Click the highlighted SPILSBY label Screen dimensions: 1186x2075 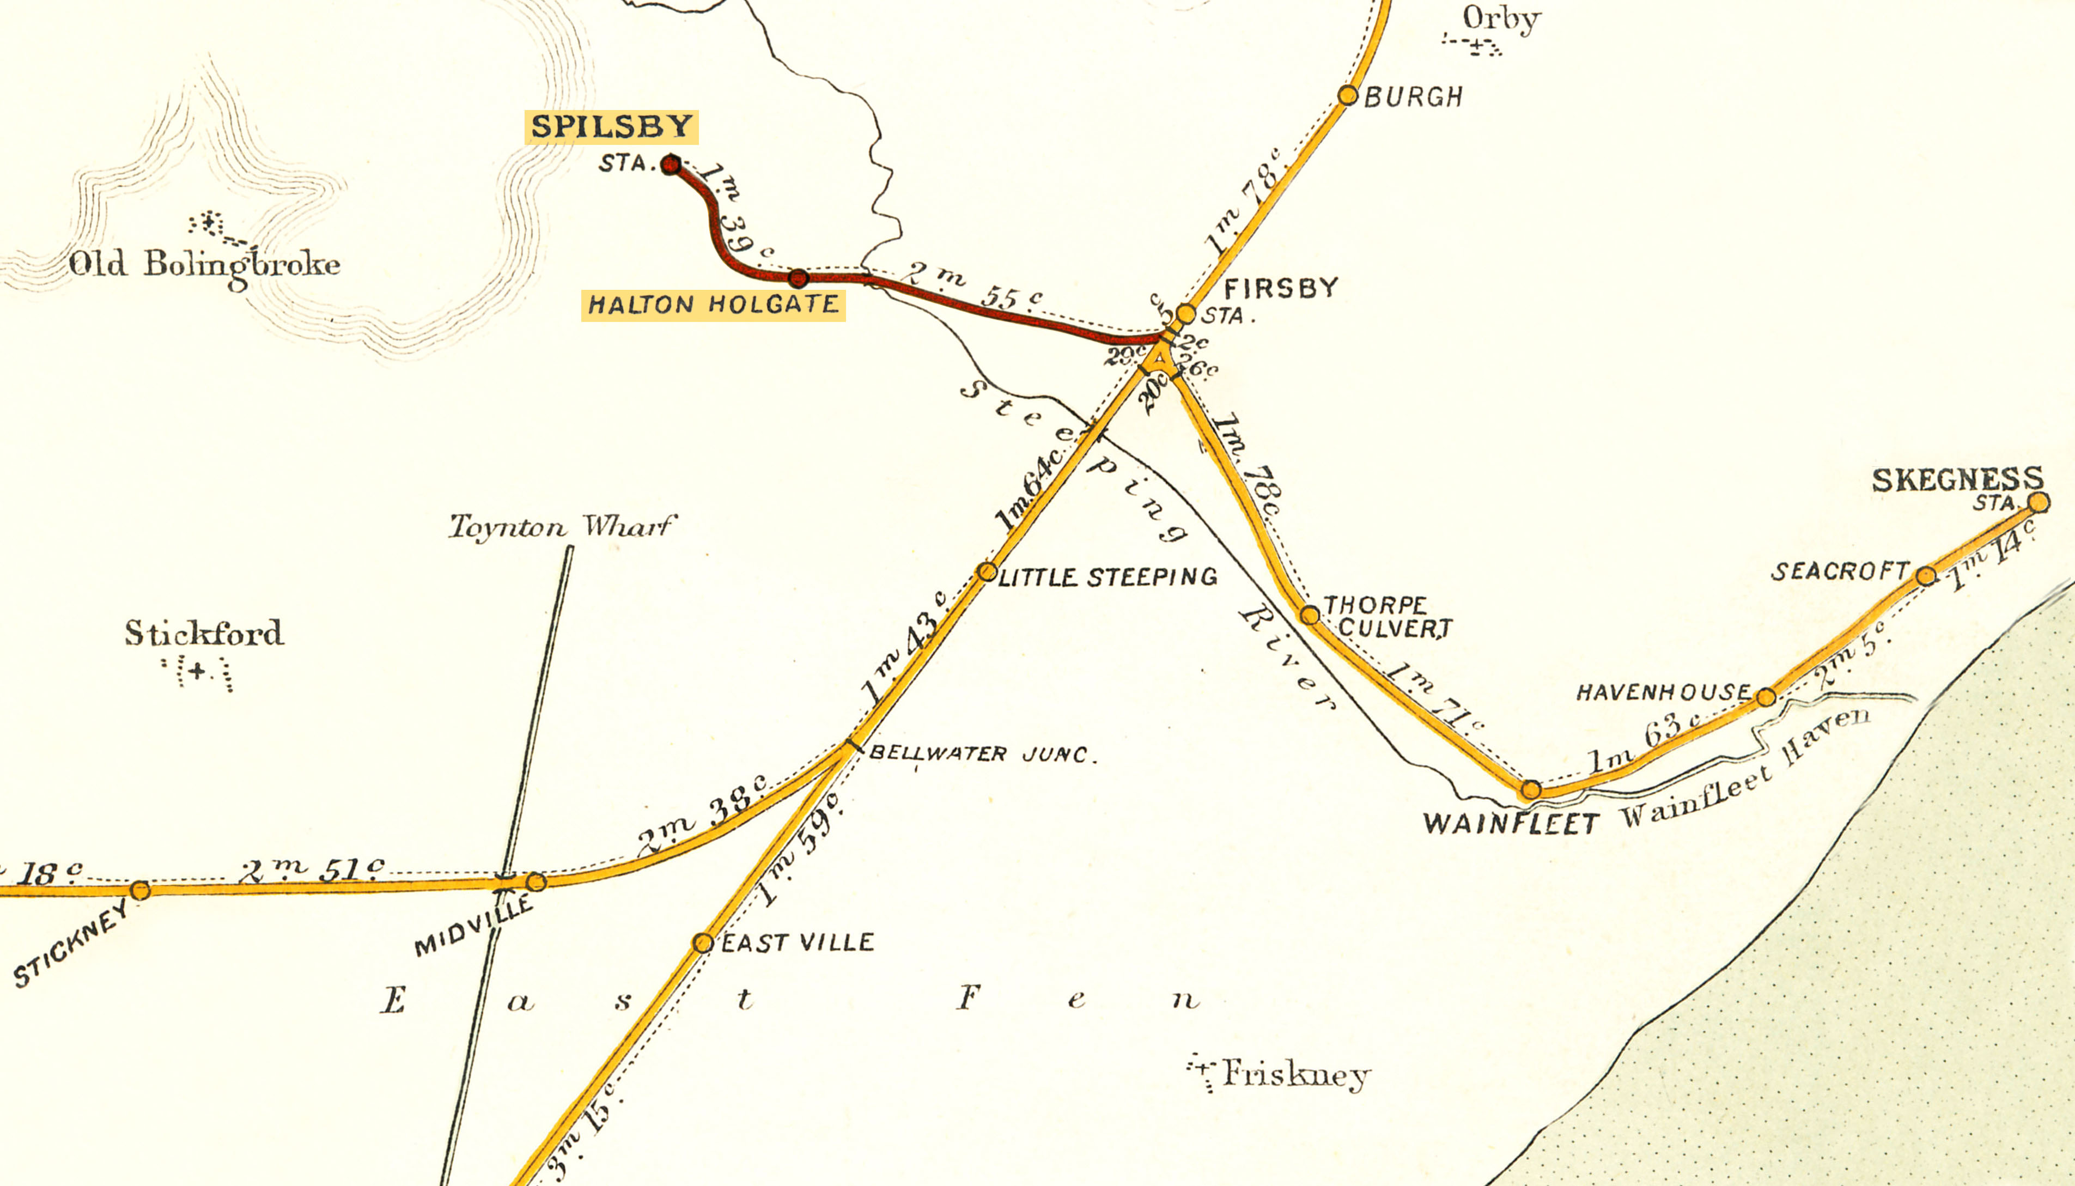coord(611,127)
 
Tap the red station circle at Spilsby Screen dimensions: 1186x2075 coord(670,165)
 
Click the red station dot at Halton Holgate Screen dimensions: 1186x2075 coord(799,278)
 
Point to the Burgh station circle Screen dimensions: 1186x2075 coord(1348,95)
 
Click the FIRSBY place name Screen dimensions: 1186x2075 coord(1280,288)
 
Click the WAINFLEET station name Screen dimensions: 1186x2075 coord(1511,824)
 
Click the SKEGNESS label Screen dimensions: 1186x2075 coord(1957,480)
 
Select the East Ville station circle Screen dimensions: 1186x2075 coord(703,943)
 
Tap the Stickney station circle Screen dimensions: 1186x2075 coord(140,890)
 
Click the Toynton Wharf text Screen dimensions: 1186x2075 coord(562,527)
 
